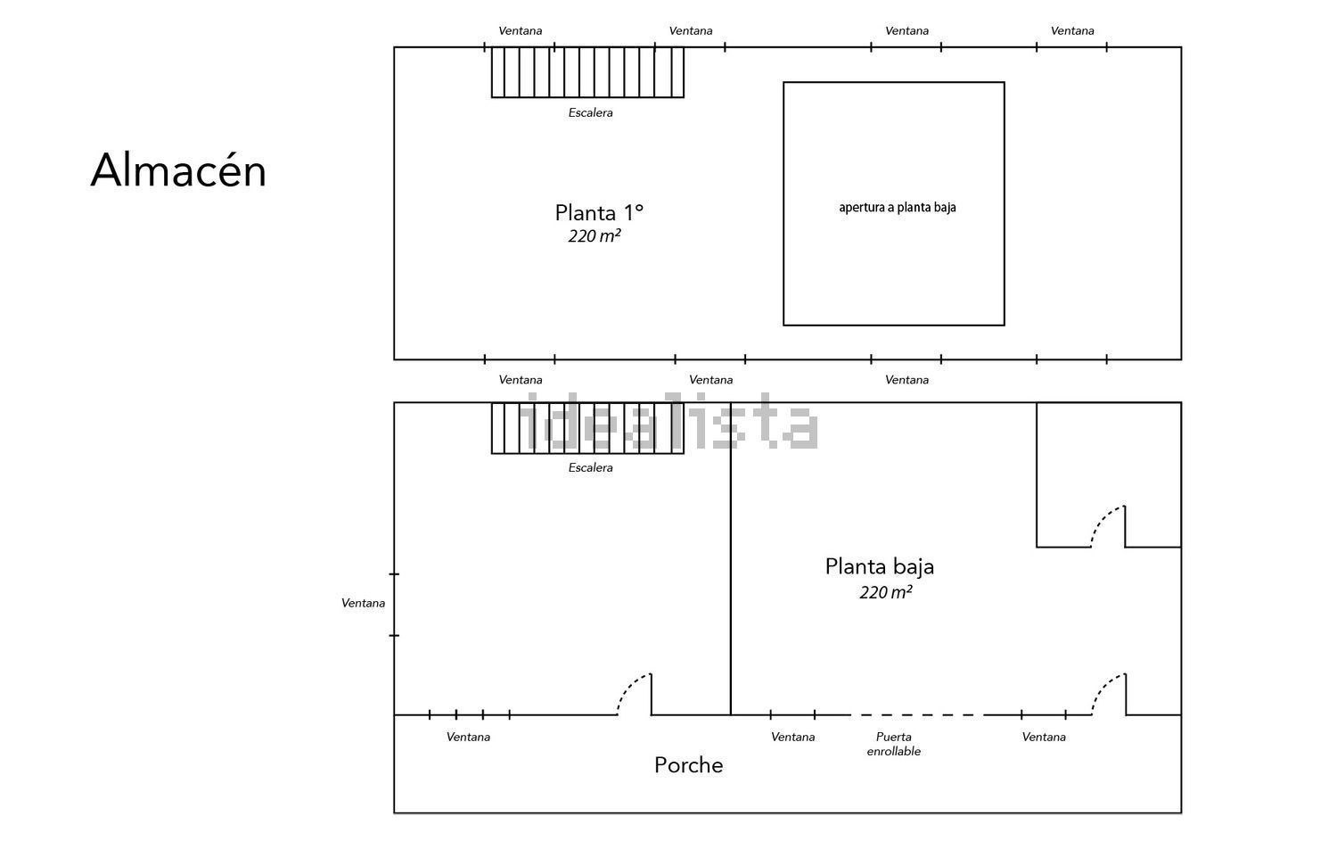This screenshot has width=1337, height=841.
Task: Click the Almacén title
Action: [178, 170]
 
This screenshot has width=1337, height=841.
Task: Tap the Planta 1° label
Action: [599, 212]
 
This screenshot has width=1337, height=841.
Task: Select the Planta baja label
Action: [879, 567]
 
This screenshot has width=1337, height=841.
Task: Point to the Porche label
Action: [688, 765]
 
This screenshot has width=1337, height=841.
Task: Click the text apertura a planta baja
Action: [897, 207]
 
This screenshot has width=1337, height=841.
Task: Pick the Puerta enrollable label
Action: [893, 745]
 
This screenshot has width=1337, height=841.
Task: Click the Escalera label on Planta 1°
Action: [590, 112]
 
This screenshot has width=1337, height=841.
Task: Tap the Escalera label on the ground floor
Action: [590, 467]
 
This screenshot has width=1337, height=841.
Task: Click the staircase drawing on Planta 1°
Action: [587, 72]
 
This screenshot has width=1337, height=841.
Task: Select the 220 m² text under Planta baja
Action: [886, 592]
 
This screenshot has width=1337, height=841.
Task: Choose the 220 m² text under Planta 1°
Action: [595, 236]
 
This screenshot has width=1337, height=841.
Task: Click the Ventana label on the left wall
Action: [363, 603]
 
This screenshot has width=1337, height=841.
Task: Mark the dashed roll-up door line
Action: [917, 715]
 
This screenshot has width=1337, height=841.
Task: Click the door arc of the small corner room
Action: [1105, 522]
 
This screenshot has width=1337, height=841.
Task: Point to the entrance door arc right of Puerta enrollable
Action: [1106, 689]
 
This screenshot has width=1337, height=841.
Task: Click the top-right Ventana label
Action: [1072, 30]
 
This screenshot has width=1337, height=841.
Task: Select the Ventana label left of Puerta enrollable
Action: [792, 737]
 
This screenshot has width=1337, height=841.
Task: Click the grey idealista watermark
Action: [668, 422]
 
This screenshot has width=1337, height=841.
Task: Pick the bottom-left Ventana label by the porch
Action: [468, 737]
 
